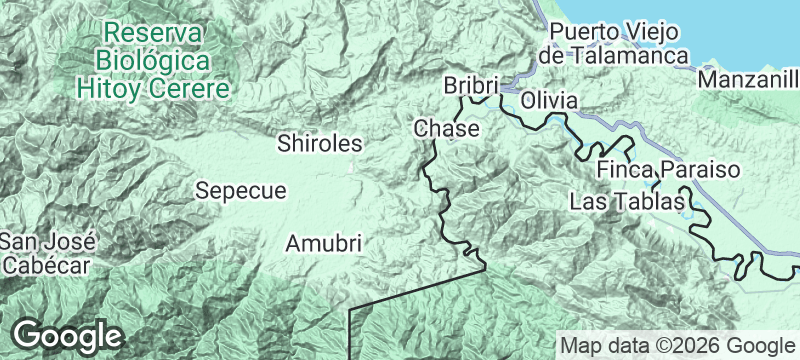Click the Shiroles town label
tap(319, 144)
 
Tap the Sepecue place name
tap(241, 190)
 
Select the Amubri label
tap(323, 243)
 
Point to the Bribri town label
tap(470, 87)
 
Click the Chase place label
tap(446, 129)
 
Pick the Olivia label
tap(549, 101)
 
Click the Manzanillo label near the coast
tap(749, 79)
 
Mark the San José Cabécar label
tap(47, 253)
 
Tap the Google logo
tap(67, 334)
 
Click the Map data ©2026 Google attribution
tap(676, 345)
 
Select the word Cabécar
tap(47, 265)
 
